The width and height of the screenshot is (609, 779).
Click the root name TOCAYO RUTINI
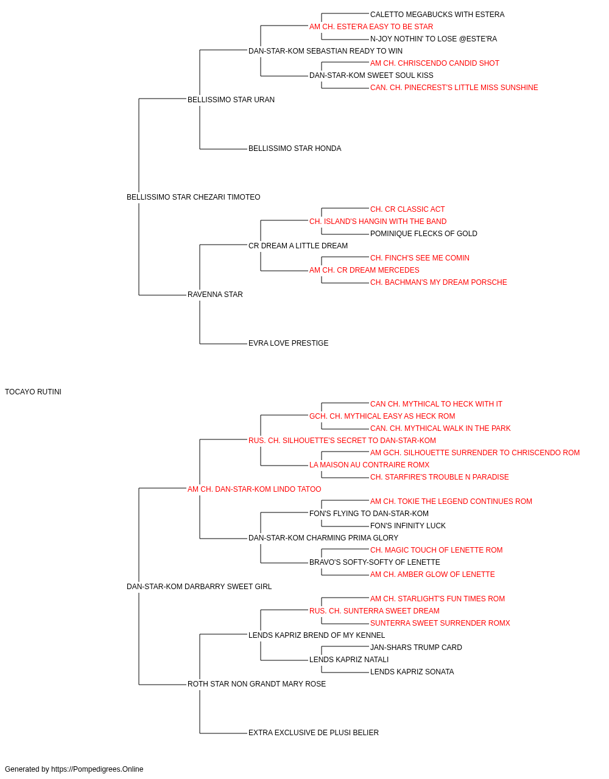pyautogui.click(x=33, y=392)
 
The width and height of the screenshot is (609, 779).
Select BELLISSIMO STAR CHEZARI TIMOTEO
pyautogui.click(x=193, y=197)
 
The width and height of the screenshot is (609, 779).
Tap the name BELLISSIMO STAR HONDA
pyautogui.click(x=295, y=148)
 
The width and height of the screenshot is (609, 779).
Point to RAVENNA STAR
pyautogui.click(x=215, y=295)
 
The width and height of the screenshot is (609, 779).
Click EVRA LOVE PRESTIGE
pyautogui.click(x=288, y=343)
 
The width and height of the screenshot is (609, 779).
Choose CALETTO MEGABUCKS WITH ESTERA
pyautogui.click(x=437, y=15)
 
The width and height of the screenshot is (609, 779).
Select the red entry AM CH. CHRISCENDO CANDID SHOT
pyautogui.click(x=435, y=63)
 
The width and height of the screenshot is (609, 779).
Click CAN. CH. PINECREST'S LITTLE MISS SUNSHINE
pyautogui.click(x=454, y=88)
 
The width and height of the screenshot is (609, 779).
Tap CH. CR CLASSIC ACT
pyautogui.click(x=407, y=209)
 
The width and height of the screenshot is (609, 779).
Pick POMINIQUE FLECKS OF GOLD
pyautogui.click(x=424, y=234)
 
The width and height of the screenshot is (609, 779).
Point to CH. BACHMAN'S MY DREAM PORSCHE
pyautogui.click(x=438, y=282)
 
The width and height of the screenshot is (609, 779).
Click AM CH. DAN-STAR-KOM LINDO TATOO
pyautogui.click(x=255, y=489)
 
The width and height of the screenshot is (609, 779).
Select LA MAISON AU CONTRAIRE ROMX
pyautogui.click(x=370, y=465)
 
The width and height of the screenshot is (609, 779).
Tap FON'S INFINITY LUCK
pyautogui.click(x=408, y=526)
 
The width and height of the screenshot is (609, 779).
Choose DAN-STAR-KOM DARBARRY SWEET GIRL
pyautogui.click(x=199, y=587)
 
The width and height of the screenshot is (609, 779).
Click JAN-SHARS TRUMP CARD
pyautogui.click(x=416, y=648)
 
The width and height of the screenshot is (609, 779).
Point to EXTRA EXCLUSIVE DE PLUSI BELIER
pyautogui.click(x=314, y=733)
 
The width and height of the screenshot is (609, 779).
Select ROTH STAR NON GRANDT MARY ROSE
pyautogui.click(x=257, y=684)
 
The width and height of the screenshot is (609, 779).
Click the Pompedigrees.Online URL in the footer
pyautogui.click(x=97, y=769)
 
